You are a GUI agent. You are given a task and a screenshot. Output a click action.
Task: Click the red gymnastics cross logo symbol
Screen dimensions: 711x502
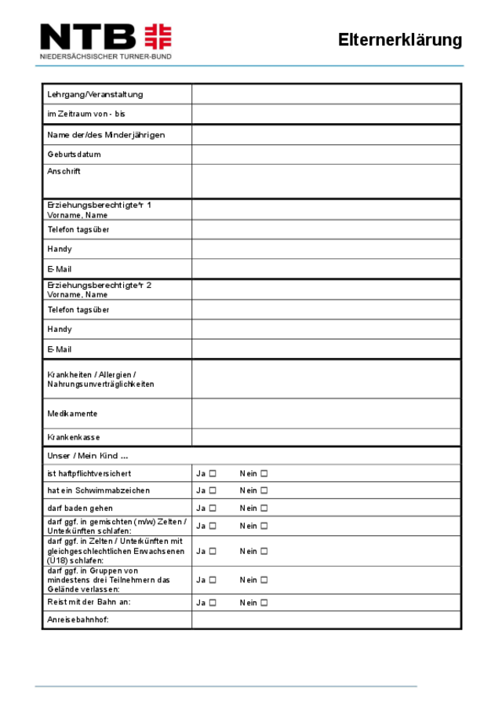[158, 37]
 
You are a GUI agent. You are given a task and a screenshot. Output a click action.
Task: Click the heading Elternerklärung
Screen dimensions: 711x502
[400, 40]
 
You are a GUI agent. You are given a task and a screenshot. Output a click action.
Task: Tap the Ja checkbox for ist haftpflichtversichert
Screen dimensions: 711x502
[213, 473]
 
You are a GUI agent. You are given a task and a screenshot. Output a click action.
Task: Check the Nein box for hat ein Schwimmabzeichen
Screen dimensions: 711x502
[264, 490]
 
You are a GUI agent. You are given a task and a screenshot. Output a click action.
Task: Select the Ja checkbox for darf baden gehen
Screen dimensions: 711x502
[213, 509]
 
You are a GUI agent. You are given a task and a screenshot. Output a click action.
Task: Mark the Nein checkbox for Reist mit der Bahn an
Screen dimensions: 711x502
[264, 603]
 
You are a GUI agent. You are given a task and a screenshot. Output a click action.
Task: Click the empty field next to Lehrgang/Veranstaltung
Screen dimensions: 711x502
[326, 94]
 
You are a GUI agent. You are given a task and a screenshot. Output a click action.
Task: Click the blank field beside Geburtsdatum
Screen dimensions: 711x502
[326, 154]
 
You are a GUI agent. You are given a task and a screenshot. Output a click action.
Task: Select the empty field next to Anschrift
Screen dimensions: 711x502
[326, 180]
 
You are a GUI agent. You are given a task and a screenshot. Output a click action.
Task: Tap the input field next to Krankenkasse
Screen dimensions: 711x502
[326, 437]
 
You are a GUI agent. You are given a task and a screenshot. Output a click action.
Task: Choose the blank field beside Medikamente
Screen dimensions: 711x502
[326, 414]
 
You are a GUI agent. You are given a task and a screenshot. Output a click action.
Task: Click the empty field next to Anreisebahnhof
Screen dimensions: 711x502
[326, 620]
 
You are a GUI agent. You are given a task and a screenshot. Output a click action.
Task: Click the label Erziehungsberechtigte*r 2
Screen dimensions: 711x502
[99, 285]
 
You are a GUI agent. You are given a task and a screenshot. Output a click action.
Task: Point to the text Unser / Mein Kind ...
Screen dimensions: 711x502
[87, 456]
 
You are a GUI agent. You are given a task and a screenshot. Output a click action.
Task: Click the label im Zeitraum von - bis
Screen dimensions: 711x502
[86, 115]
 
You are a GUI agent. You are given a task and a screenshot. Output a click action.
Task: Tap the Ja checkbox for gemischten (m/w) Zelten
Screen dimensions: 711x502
[213, 526]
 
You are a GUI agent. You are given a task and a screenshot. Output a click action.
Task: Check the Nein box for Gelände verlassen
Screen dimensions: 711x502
[264, 580]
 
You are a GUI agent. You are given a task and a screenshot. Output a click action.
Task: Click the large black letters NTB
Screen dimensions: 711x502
[88, 37]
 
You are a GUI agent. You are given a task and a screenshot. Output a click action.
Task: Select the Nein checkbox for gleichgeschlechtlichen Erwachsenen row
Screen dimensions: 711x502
[264, 552]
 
